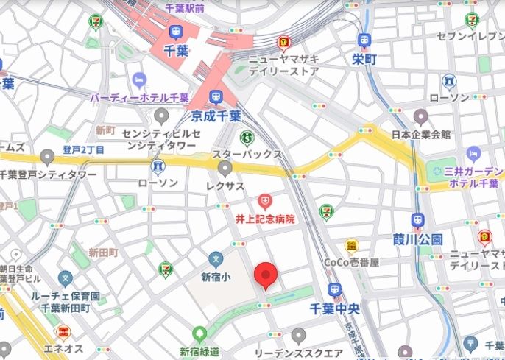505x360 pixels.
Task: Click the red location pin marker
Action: (266, 277)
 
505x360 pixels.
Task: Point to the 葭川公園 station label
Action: (417, 239)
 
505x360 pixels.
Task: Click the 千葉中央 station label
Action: (335, 309)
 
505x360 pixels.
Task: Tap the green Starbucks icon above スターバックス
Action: (247, 138)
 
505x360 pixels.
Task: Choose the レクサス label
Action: (225, 186)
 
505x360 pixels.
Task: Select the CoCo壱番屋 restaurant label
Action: (352, 262)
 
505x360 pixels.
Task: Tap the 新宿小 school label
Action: (215, 277)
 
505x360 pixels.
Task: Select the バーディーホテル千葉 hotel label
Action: (139, 96)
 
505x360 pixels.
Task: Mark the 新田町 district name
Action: (103, 253)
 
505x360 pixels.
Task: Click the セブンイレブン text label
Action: (472, 36)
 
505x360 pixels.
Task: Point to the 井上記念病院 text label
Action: (265, 219)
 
